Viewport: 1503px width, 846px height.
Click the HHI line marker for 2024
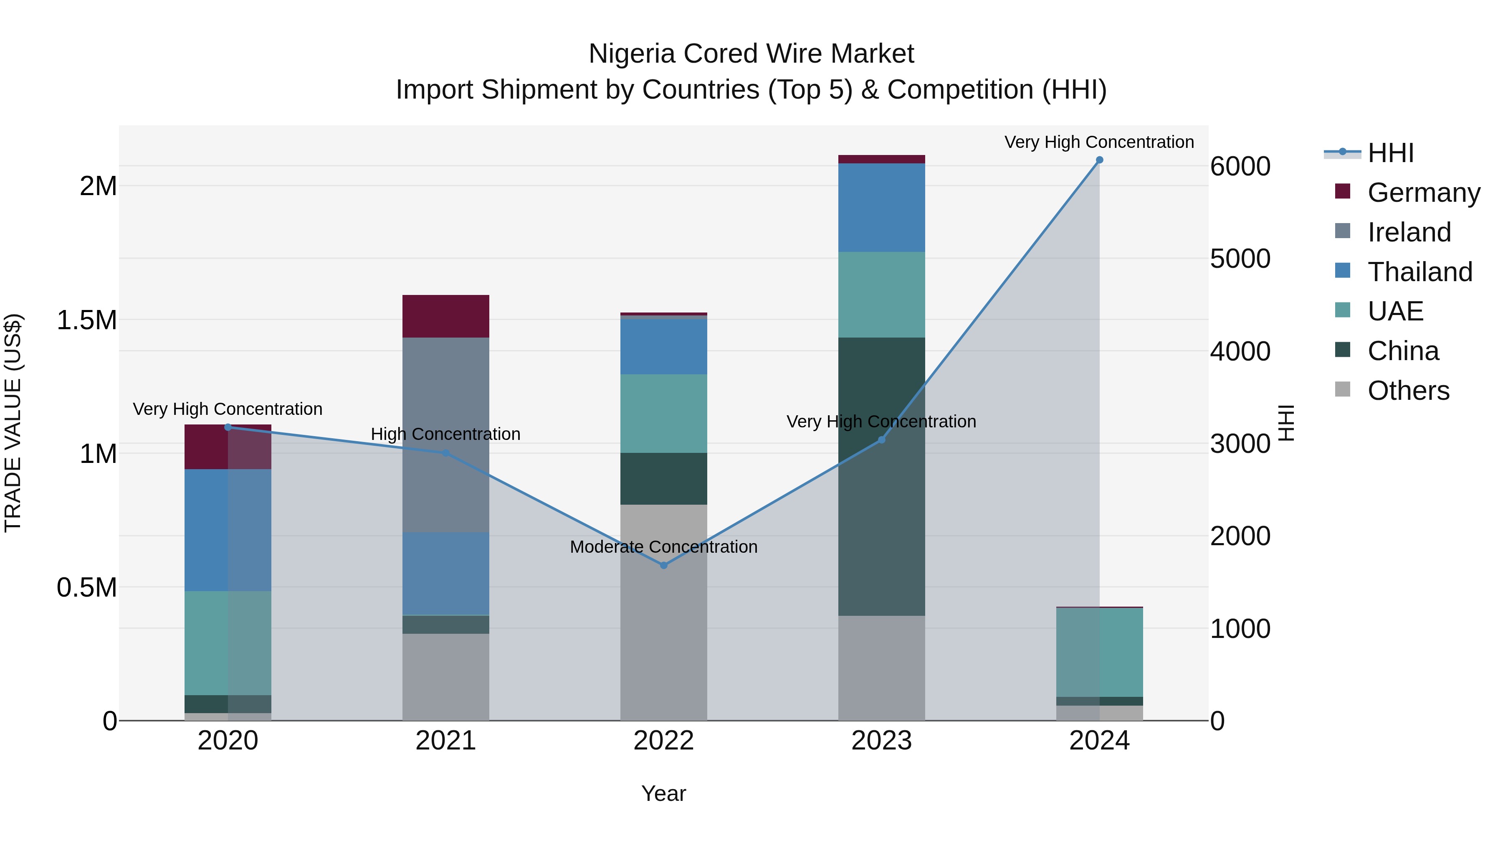[x=1099, y=160]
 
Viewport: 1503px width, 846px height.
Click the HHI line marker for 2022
[x=663, y=565]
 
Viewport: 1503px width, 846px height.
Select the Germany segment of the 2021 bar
[x=446, y=316]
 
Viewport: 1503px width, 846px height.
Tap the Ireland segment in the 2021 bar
[x=446, y=434]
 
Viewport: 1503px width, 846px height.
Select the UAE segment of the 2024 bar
[x=1099, y=652]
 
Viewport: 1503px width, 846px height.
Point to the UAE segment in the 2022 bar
[x=663, y=413]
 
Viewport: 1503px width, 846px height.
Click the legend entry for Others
[x=1408, y=391]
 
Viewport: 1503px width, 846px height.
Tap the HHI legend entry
[x=1390, y=153]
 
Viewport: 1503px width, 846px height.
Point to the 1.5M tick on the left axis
[x=86, y=320]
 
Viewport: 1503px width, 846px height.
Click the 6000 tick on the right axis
[x=1240, y=166]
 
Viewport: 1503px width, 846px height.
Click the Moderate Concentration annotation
[x=663, y=547]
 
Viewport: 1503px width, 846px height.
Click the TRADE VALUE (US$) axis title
[x=13, y=423]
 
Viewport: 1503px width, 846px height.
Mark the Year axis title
[x=663, y=793]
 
